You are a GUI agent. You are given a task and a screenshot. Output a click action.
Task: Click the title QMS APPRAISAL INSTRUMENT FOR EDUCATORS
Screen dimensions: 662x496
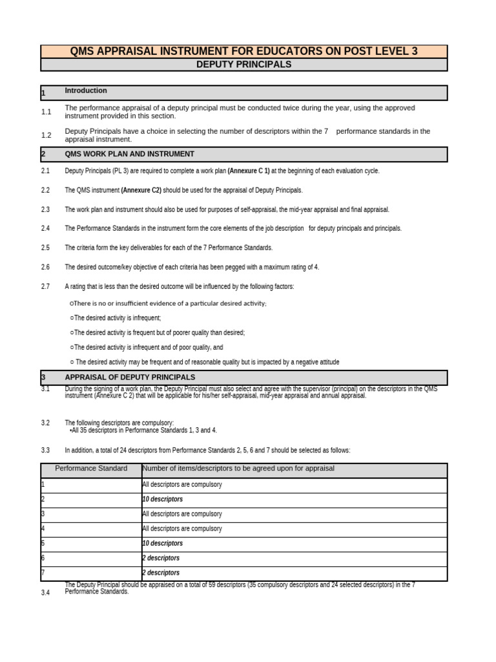243,52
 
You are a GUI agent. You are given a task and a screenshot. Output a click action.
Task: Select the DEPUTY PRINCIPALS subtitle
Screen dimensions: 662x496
243,65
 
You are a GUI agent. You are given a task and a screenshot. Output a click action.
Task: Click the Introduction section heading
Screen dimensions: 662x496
86,91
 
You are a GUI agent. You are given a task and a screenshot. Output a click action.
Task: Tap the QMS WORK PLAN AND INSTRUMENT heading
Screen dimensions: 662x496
129,155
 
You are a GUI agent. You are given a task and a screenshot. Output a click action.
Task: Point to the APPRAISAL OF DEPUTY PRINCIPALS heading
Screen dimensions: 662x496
130,378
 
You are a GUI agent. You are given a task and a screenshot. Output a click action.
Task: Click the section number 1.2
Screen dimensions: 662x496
46,136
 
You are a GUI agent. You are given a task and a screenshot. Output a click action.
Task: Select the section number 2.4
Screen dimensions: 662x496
45,228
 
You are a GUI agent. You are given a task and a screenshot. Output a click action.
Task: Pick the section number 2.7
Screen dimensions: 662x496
45,286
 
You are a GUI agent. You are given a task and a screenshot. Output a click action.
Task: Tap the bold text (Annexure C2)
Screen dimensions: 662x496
141,191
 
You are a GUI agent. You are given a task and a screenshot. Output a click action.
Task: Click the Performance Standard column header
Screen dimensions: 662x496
91,469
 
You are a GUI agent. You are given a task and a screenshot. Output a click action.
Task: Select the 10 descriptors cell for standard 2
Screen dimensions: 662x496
163,500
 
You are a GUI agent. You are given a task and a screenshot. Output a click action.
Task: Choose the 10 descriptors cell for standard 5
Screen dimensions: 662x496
163,544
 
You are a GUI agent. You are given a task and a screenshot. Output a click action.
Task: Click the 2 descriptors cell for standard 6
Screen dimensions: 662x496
161,559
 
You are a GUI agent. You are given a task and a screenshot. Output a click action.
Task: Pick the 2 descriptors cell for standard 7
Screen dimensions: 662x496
161,573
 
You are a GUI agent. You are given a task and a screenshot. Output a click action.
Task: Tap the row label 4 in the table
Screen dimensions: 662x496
43,529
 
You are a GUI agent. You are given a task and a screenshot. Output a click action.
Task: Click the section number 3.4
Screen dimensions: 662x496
45,593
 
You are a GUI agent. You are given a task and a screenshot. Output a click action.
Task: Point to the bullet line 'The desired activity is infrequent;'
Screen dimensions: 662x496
116,318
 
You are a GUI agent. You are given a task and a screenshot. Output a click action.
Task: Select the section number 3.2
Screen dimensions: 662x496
45,423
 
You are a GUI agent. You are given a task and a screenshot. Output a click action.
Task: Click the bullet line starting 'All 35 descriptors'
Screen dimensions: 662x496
143,431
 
